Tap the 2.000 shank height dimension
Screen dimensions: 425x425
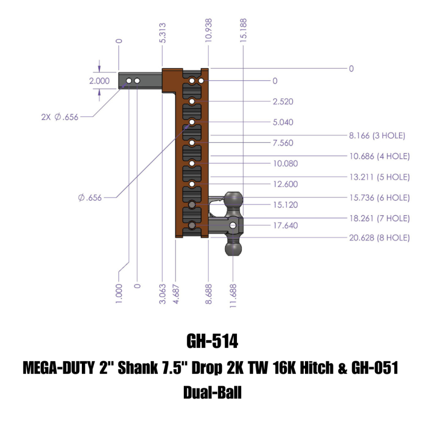coord(99,81)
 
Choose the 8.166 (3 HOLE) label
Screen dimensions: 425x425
coord(377,135)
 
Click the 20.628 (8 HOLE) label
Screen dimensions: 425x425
coord(379,238)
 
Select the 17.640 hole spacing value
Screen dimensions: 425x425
coord(284,225)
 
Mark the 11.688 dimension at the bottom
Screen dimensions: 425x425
coord(234,293)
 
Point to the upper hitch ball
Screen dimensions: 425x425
coord(234,200)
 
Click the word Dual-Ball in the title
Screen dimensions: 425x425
coord(212,394)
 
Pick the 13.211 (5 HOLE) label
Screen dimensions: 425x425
coord(379,176)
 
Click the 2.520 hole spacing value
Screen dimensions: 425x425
coord(282,101)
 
